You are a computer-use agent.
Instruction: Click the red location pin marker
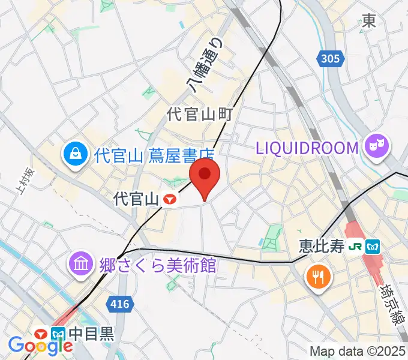tap(205, 175)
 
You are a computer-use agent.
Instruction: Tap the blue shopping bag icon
tap(76, 157)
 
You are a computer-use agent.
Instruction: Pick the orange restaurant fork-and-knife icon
tap(317, 277)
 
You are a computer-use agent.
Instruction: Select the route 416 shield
tap(120, 304)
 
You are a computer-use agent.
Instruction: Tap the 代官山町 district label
tap(200, 114)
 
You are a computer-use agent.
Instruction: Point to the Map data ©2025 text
tap(358, 351)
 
